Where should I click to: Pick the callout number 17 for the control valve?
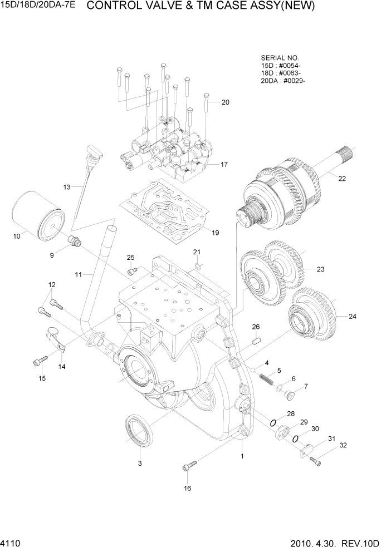(224, 164)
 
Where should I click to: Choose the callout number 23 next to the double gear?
(320, 269)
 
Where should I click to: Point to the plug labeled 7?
(290, 395)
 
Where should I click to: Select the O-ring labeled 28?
(273, 422)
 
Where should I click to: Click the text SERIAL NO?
(280, 58)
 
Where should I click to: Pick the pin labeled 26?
(257, 341)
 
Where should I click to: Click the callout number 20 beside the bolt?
(225, 102)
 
